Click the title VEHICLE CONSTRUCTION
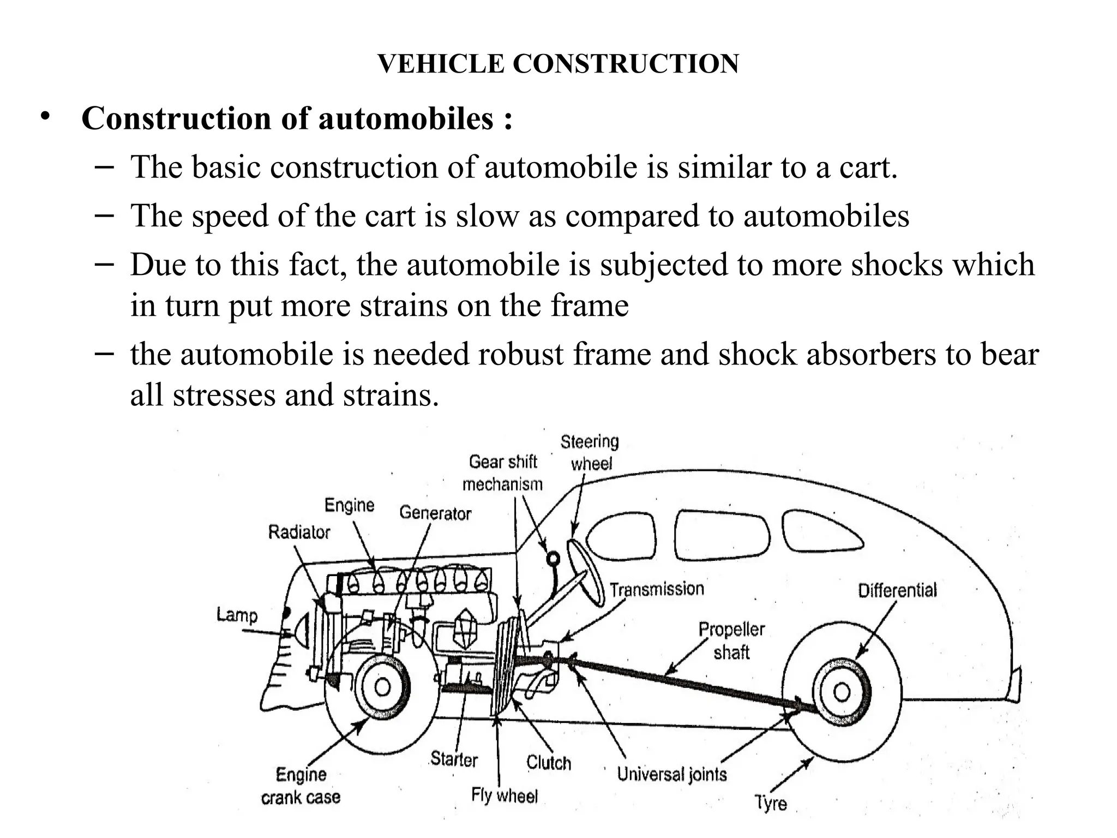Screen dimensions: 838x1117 click(558, 64)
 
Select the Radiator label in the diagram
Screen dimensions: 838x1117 click(299, 532)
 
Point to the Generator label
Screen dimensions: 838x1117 click(435, 513)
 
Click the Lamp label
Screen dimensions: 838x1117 click(237, 615)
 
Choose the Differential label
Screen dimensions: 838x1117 click(897, 590)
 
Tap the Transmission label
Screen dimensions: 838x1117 click(657, 589)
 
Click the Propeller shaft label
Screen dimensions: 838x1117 click(731, 641)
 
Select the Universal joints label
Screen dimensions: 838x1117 click(672, 774)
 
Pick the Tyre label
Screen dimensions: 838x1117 click(771, 803)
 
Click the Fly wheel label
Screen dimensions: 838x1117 click(505, 796)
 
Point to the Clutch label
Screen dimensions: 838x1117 click(548, 762)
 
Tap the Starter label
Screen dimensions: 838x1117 click(454, 759)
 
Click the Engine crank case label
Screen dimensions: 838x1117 click(301, 786)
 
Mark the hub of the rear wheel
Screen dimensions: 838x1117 click(842, 692)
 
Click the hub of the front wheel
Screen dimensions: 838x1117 click(382, 687)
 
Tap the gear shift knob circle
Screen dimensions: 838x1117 click(553, 558)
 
